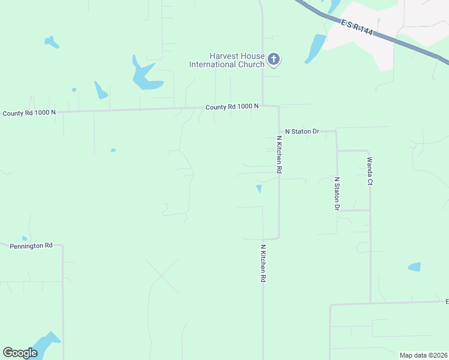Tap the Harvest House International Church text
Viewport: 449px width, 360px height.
pos(227,60)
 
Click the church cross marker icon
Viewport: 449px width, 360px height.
pos(274,59)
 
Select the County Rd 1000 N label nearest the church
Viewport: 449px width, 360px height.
pos(232,107)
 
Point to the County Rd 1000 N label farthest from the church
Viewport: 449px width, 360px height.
pos(29,113)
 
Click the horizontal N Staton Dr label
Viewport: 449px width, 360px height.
pos(301,131)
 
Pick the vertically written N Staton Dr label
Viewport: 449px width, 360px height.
pos(337,194)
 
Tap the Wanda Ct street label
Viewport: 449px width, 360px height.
pos(370,171)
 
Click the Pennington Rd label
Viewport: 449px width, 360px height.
pos(31,245)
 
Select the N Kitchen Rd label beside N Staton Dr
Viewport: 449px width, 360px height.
pos(279,155)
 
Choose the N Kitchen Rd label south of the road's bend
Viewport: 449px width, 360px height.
pos(263,263)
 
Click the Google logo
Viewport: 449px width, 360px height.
pos(20,353)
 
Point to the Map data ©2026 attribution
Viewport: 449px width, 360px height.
pos(423,355)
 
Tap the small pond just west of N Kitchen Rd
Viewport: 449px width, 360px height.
pos(259,189)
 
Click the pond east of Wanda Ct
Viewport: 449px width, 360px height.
pos(414,267)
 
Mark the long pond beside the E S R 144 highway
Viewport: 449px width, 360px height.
pos(315,48)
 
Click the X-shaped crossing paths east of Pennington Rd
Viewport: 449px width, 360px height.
pos(162,277)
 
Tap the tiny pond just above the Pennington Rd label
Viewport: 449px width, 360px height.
pos(25,238)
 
